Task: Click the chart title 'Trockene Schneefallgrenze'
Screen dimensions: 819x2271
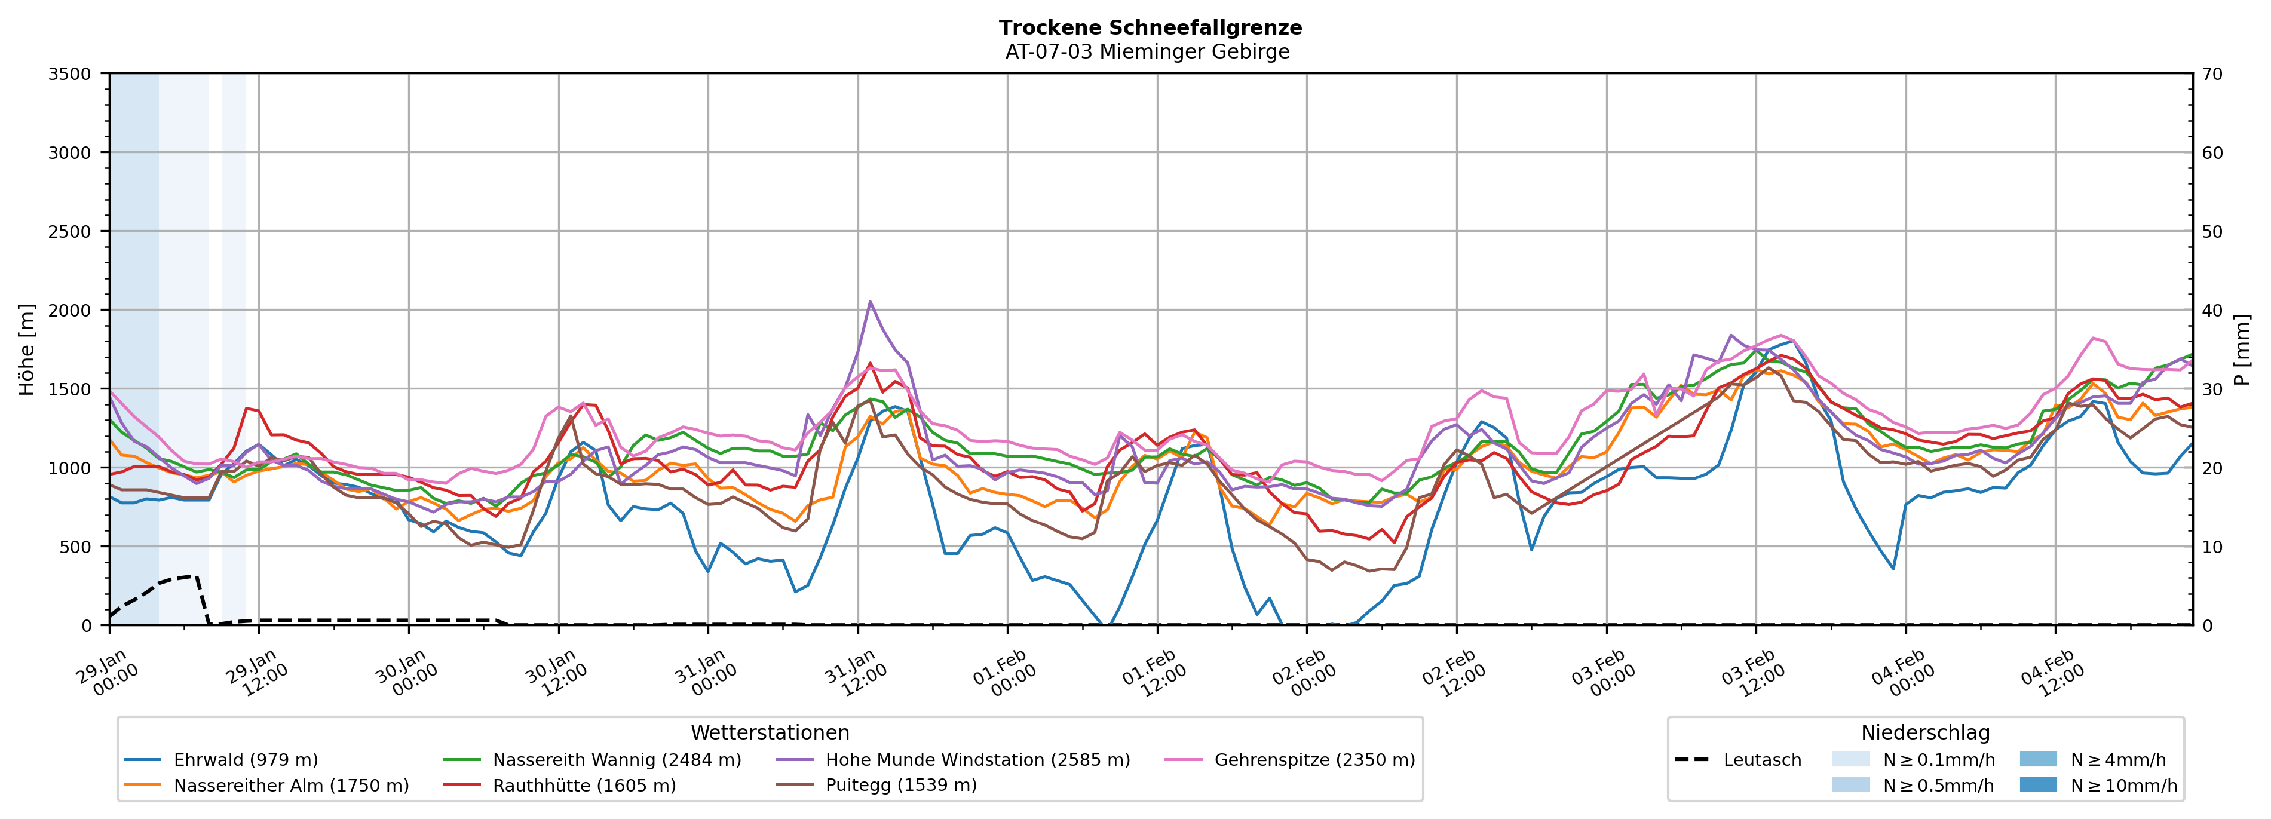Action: [x=1150, y=27]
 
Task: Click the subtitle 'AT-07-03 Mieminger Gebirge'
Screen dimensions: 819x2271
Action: [x=1147, y=52]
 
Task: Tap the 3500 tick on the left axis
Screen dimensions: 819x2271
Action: [x=70, y=74]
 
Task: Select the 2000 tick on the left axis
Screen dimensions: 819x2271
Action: [x=70, y=310]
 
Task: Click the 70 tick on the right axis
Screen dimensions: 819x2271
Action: [x=2212, y=74]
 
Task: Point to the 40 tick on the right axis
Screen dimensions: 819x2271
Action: [x=2212, y=310]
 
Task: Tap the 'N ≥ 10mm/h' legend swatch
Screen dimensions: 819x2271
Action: [x=2037, y=784]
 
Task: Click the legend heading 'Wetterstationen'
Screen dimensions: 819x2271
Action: [x=770, y=732]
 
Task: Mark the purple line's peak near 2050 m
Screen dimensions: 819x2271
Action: [x=870, y=302]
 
